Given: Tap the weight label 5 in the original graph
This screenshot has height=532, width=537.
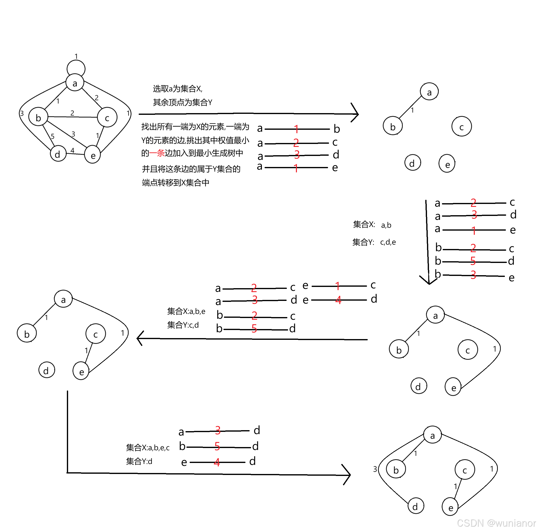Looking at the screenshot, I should point(52,136).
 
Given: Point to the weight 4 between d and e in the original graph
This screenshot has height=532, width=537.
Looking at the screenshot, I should point(72,150).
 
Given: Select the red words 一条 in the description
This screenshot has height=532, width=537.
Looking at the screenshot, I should point(157,153).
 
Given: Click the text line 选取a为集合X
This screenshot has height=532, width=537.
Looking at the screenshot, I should point(178,89).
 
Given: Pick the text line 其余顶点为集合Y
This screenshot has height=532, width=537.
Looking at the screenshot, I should point(182,103).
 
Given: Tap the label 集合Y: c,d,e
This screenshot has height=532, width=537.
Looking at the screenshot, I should point(374,242).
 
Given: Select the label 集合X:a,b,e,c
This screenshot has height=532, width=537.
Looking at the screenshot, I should point(147,448).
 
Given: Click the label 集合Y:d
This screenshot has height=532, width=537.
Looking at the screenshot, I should point(139,461).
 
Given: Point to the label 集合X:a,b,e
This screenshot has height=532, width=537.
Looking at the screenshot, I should point(186,311).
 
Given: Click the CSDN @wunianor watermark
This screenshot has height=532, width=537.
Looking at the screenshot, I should point(496,523).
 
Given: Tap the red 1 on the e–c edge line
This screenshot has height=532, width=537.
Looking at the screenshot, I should point(337,285).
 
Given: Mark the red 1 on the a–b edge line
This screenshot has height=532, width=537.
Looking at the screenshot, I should point(296,129).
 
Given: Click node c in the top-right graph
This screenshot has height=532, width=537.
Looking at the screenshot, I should point(461,127).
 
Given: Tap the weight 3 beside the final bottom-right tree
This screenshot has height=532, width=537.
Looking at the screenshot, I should point(375,469).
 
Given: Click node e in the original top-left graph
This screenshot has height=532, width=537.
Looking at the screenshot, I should point(93,155).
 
